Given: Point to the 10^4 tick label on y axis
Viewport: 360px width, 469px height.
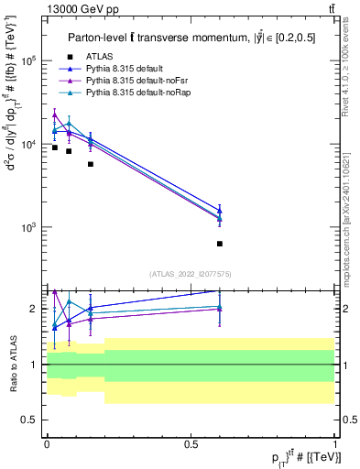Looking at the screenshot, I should coord(27,144).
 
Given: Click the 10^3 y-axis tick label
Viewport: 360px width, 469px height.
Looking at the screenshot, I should coord(27,227).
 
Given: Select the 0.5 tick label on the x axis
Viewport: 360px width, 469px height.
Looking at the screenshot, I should coord(191,442).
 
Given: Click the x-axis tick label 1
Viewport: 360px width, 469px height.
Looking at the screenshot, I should coord(334,442).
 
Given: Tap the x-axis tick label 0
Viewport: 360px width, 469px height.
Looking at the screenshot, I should coord(47,442).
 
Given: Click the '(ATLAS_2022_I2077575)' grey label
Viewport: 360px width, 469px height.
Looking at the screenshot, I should coord(190,272).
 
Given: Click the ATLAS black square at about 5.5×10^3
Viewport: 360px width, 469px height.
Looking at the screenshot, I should coord(91,164).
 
